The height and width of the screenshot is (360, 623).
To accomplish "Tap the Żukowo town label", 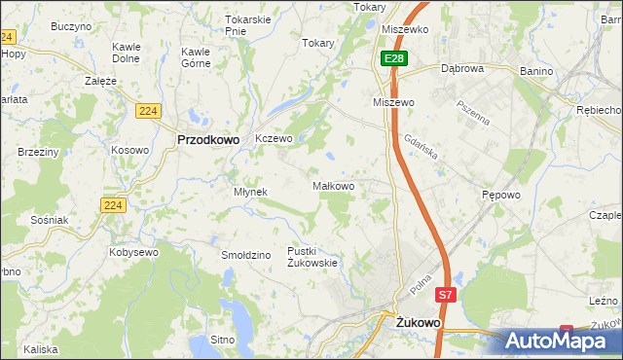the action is coord(419,319).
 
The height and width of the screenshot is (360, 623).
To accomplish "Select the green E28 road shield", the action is coord(393,59).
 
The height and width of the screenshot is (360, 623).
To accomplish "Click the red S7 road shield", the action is coord(445,294).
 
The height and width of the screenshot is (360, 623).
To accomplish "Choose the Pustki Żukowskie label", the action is coord(311,257).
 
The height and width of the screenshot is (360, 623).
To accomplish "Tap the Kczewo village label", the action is coord(274,138).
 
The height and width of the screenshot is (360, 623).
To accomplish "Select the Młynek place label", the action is coord(250,192).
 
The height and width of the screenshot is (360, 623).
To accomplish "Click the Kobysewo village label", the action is coord(134,252).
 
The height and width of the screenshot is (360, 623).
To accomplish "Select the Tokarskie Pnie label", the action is coord(247,25).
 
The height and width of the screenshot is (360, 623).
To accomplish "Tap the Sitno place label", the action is coord(223,340).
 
